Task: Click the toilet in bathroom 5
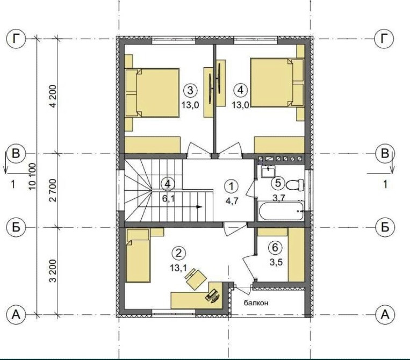[295, 185]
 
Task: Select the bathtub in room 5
[282, 211]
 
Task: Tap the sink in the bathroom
[268, 171]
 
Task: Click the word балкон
[256, 303]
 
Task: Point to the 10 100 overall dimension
[32, 177]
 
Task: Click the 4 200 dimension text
[53, 96]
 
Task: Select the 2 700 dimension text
[53, 190]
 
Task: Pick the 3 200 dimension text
[53, 271]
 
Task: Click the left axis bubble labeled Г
[16, 39]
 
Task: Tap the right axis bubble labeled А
[385, 314]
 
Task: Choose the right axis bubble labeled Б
[385, 227]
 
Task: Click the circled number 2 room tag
[179, 253]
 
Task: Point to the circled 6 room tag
[275, 247]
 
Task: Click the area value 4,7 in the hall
[232, 201]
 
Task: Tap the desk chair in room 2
[195, 279]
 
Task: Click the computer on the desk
[212, 296]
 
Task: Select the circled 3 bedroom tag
[190, 90]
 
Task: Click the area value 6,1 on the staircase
[168, 199]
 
